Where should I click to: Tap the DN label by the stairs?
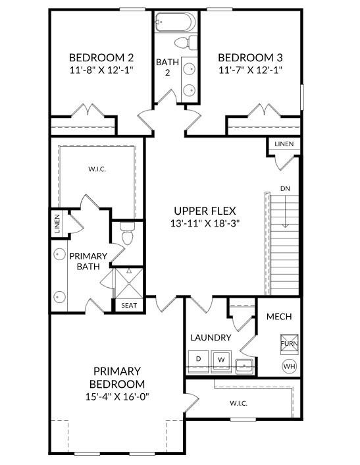pos(285,189)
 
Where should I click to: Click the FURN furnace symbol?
pos(288,344)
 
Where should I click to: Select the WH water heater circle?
pos(288,365)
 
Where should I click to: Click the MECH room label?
pos(279,317)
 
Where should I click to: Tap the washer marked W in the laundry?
pos(221,360)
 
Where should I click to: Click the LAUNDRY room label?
pos(211,338)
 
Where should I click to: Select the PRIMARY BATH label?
pos(84,261)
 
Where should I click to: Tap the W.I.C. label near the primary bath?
pos(97,169)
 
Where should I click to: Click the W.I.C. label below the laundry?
pos(238,403)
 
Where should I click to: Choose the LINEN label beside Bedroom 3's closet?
pos(284,144)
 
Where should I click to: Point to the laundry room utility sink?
pos(244,364)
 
